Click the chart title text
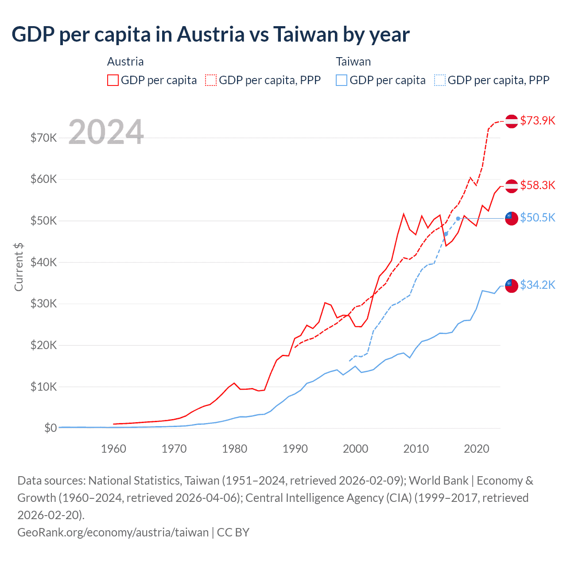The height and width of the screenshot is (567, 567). pos(210,34)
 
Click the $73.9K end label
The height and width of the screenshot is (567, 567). pos(537,120)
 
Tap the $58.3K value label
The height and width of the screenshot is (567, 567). pos(537,185)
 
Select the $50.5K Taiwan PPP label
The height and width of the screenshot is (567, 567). pos(537,217)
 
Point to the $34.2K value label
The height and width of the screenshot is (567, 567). pos(537,285)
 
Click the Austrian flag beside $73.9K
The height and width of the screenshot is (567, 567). pos(512,121)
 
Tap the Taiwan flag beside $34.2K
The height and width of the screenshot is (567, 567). pos(512,286)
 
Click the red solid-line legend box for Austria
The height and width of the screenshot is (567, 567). pos(113,80)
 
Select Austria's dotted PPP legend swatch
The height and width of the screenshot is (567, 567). pos(211,80)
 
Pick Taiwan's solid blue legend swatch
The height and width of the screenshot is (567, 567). pos(342,80)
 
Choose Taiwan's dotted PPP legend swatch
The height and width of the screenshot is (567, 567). pos(440,80)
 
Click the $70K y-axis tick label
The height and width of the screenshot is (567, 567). pos(43,138)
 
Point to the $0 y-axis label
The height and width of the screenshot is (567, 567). pos(50,428)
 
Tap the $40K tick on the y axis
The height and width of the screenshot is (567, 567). pos(43,262)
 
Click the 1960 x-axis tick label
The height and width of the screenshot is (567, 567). pos(113,449)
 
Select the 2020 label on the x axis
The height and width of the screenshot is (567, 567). pos(476,449)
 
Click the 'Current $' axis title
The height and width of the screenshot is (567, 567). pos(19,267)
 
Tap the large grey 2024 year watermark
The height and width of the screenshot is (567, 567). pos(106,132)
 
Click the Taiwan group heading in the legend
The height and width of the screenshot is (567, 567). pos(353,62)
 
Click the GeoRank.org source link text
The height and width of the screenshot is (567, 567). pos(113,532)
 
